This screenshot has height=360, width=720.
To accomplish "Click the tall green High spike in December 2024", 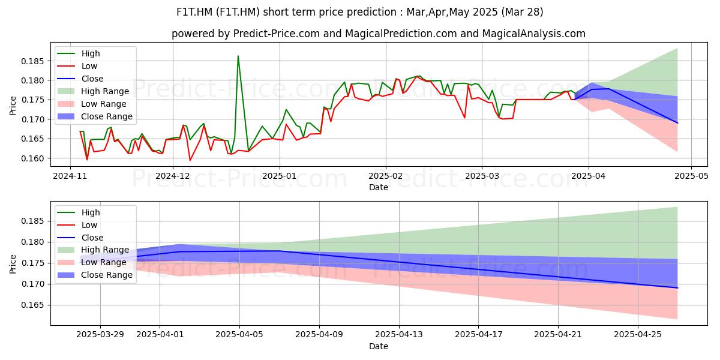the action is point(238,56).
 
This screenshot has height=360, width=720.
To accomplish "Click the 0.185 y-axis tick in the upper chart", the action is point(32,61).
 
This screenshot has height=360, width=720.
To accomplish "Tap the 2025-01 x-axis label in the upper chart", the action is point(280,176).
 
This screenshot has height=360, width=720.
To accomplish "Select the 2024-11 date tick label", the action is point(70,176).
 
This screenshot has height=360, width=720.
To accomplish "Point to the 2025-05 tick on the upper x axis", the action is point(691,176).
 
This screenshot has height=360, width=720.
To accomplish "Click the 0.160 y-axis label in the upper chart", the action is point(32,158).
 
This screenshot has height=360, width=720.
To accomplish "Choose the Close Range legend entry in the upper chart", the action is point(95,116).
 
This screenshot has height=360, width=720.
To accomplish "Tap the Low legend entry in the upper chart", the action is point(77,66).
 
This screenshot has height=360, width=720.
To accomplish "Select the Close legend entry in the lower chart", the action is point(80,238).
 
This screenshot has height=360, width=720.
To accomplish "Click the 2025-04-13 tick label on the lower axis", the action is point(399,335).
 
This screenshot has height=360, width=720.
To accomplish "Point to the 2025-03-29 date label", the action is point(100,335).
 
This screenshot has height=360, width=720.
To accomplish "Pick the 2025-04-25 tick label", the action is point(638,335).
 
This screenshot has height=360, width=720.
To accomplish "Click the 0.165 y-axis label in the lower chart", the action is point(32,305).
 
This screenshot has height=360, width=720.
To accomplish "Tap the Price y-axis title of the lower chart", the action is point(13,264).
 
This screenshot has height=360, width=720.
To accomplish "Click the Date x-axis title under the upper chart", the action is point(379,187).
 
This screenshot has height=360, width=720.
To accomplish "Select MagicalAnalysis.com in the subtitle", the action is point(534,34).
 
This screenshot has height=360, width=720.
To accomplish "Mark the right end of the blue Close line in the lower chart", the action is point(677,288).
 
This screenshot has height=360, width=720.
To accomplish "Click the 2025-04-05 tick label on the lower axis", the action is point(239,335).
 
